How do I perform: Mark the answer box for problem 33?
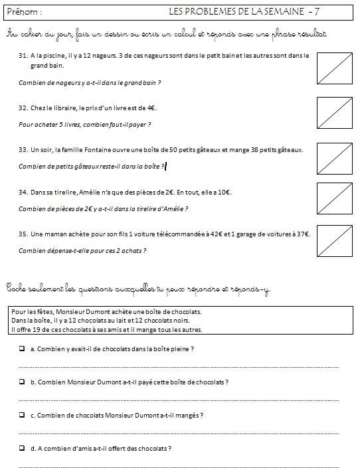[335, 155]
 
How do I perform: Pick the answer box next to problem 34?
[335, 197]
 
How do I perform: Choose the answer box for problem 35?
[335, 240]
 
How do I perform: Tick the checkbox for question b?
[22, 382]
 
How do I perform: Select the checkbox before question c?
[22, 415]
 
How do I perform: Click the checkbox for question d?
[22, 448]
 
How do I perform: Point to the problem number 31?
[23, 56]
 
